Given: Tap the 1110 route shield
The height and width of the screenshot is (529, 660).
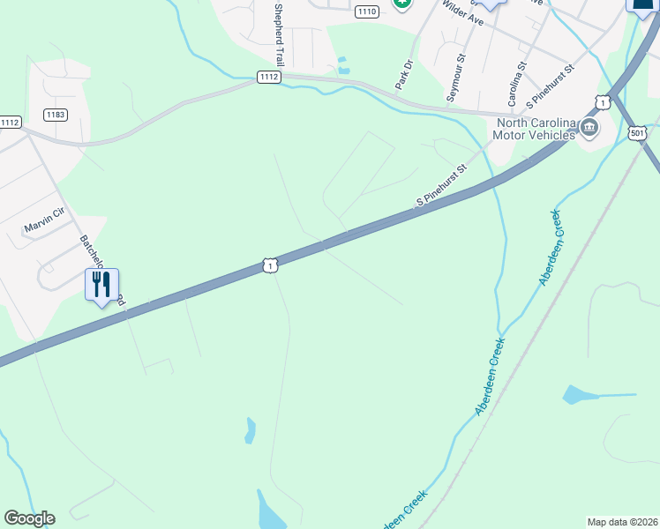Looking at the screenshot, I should pos(367,11).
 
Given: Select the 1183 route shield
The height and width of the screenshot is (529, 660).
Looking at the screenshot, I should pos(56,115).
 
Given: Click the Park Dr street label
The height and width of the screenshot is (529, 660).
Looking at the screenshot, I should pos(405,74).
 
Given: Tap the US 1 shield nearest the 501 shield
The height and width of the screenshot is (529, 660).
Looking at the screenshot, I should pos(602,102).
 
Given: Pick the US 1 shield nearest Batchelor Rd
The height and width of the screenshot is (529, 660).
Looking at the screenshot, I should pos(270,264).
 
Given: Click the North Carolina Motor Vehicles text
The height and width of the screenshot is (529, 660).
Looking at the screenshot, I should pos(536,129).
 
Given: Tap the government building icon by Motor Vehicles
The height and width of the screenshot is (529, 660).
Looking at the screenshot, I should pos(589,130).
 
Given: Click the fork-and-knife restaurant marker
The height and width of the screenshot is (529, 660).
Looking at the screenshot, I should pos(101,286).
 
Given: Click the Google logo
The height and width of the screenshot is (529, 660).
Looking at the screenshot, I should pos(29,518).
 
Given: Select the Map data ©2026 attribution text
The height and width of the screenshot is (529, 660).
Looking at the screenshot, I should pos(622,522).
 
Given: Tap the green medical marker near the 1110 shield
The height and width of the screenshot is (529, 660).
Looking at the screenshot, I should pos(402,3).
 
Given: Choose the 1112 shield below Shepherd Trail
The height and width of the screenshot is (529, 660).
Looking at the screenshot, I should pos(269,78).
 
